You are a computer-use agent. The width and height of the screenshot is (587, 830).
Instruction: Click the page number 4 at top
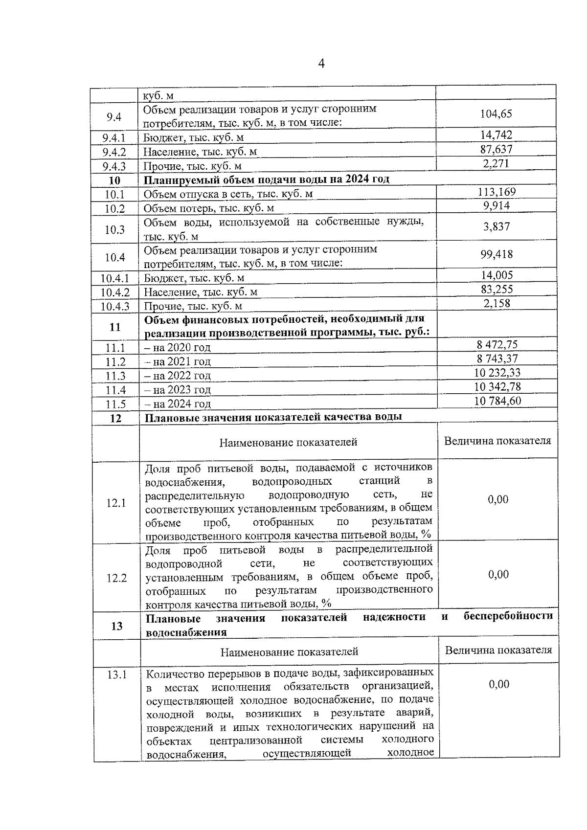(x=321, y=64)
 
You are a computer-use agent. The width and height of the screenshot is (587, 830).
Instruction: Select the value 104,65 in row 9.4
(x=496, y=113)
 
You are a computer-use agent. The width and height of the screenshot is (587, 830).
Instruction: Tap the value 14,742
(x=496, y=135)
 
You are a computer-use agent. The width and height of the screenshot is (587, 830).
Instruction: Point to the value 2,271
(x=496, y=163)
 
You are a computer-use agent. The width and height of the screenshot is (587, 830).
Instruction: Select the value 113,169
(x=497, y=192)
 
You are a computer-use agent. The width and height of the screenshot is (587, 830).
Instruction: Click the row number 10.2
(x=114, y=209)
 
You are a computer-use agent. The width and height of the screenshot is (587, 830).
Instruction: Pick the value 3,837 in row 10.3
(x=497, y=226)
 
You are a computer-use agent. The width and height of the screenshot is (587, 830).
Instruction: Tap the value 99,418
(x=497, y=254)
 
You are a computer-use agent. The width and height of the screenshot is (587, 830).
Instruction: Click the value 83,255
(x=497, y=289)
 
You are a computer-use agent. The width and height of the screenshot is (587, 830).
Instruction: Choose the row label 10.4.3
(x=115, y=307)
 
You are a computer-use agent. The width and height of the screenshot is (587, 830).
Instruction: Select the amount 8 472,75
(x=497, y=344)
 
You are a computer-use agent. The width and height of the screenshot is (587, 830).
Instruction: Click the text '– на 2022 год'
(x=177, y=376)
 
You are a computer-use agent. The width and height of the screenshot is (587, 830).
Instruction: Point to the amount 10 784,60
(x=497, y=401)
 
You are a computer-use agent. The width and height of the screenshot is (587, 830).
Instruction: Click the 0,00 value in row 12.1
(x=498, y=499)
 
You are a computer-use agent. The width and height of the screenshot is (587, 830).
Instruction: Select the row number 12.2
(x=116, y=578)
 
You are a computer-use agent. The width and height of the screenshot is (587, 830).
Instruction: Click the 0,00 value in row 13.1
(x=499, y=684)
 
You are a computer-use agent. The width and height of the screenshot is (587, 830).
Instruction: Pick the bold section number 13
(x=116, y=626)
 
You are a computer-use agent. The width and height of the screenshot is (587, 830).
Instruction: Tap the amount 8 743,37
(x=497, y=359)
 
